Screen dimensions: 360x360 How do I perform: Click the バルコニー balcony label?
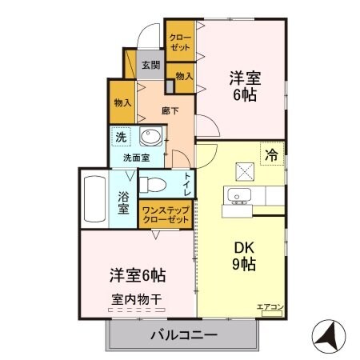click(x=183, y=334)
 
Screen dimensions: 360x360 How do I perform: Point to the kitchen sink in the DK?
click(x=238, y=197)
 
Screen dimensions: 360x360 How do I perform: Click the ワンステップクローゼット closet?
click(x=165, y=214)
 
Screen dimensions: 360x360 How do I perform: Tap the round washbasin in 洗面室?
click(x=150, y=137)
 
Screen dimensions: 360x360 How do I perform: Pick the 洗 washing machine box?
click(x=120, y=137)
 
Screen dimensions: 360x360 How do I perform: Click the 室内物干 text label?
click(x=136, y=298)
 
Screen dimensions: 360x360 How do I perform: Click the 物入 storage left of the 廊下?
click(x=122, y=102)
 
